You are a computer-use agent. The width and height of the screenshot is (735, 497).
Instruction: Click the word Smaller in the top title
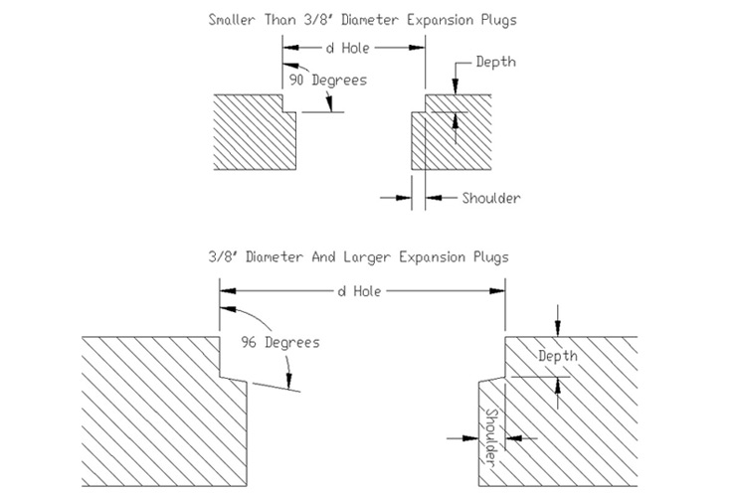click(x=232, y=20)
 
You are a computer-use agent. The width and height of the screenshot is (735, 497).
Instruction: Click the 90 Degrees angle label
click(x=327, y=81)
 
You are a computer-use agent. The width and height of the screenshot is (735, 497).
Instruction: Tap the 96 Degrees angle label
click(x=280, y=342)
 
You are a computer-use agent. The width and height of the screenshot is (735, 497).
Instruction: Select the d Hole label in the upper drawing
click(x=348, y=48)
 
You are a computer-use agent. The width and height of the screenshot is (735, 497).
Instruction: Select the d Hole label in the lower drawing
click(x=359, y=291)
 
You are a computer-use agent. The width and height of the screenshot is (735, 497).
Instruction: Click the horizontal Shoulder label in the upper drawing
click(x=491, y=198)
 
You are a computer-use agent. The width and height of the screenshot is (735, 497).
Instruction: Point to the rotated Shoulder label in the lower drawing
click(x=490, y=436)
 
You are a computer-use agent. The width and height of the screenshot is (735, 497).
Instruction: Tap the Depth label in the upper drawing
click(x=496, y=62)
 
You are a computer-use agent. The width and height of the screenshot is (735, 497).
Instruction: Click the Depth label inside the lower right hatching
click(x=558, y=356)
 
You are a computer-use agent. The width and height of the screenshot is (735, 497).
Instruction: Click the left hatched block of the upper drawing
click(x=255, y=132)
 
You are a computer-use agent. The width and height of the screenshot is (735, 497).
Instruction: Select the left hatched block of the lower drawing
click(x=164, y=412)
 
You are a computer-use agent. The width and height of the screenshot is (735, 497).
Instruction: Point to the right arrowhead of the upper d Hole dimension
click(x=417, y=48)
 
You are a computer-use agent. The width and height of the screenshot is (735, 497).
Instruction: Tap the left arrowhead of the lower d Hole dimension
click(x=228, y=291)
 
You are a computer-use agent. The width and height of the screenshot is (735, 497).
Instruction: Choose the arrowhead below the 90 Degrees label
click(x=330, y=104)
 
